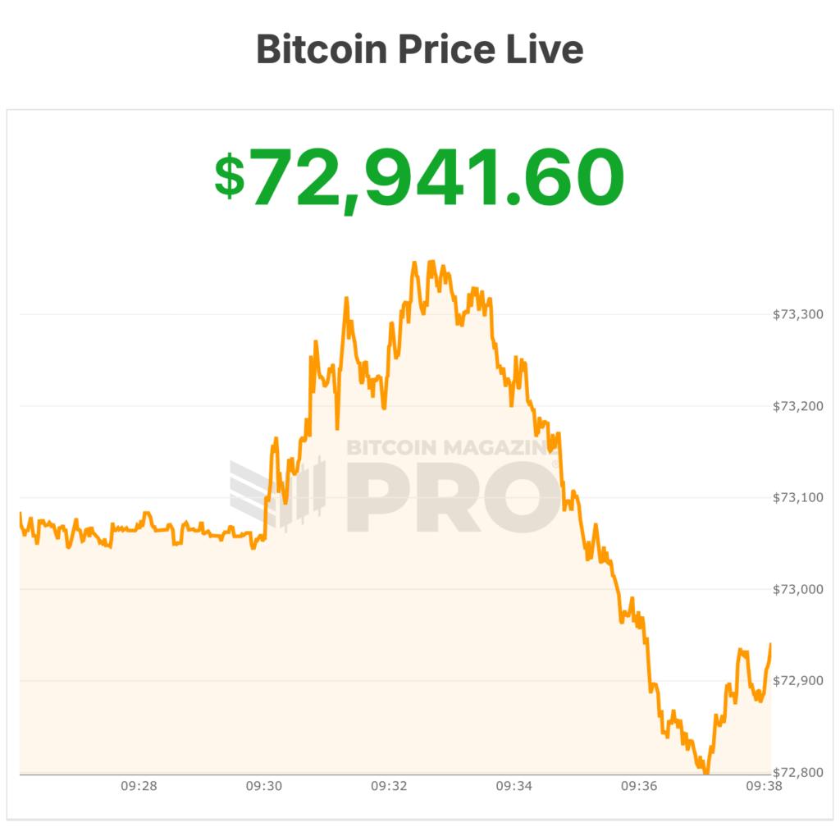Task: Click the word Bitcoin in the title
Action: pyautogui.click(x=321, y=49)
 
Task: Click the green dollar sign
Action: pyautogui.click(x=229, y=176)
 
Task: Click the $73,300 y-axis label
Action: pyautogui.click(x=798, y=314)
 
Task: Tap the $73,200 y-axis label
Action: pyautogui.click(x=798, y=406)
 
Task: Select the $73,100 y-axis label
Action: pyautogui.click(x=798, y=498)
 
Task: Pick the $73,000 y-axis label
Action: pyautogui.click(x=798, y=589)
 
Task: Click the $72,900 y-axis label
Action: pyautogui.click(x=798, y=681)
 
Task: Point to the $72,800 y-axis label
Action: pyautogui.click(x=798, y=773)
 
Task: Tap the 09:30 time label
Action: pyautogui.click(x=263, y=786)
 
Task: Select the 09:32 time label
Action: pyautogui.click(x=389, y=786)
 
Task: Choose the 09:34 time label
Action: pyautogui.click(x=514, y=786)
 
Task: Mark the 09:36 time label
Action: pyautogui.click(x=639, y=786)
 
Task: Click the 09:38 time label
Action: pyautogui.click(x=764, y=786)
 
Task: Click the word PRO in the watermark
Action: pyautogui.click(x=451, y=496)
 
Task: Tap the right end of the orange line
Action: pyautogui.click(x=770, y=645)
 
